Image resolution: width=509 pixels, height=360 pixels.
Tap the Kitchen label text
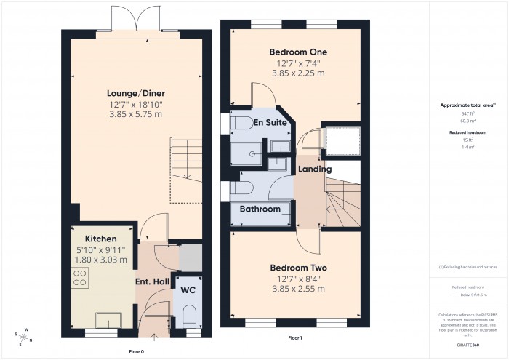100,238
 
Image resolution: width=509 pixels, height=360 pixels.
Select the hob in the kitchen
79,279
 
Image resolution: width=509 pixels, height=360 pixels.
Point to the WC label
188,290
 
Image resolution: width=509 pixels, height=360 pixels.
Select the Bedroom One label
298,52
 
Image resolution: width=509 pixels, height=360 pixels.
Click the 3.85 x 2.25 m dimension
298,74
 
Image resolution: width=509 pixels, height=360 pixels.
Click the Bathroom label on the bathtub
260,209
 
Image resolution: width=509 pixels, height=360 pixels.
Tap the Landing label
315,169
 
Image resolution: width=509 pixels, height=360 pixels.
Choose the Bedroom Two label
298,266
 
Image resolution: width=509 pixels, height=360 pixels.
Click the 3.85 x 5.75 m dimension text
136,114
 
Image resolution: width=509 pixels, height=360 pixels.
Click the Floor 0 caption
136,351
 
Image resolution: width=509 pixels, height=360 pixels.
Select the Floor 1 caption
295,339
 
